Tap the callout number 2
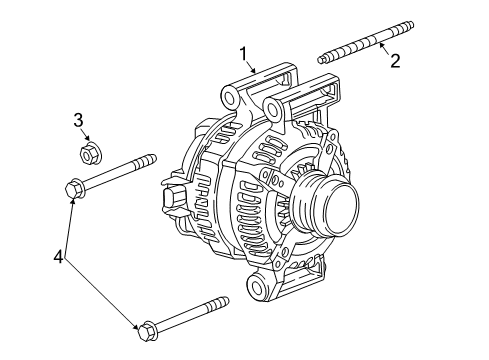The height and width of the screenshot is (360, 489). coord(395,62)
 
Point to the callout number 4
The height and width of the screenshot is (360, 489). coord(59,258)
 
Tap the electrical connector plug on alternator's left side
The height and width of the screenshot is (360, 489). coord(172,199)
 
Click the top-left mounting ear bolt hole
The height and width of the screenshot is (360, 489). coord(231,97)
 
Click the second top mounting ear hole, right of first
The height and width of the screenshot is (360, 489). coord(328,82)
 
